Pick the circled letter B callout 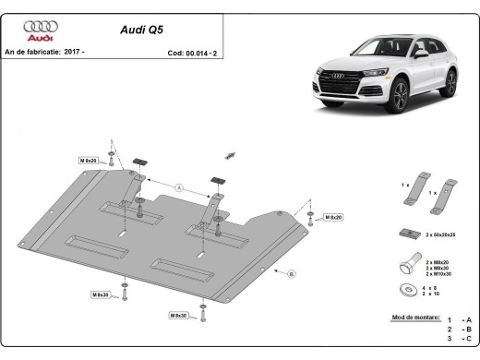[290, 274]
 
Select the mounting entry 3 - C [457, 341]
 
